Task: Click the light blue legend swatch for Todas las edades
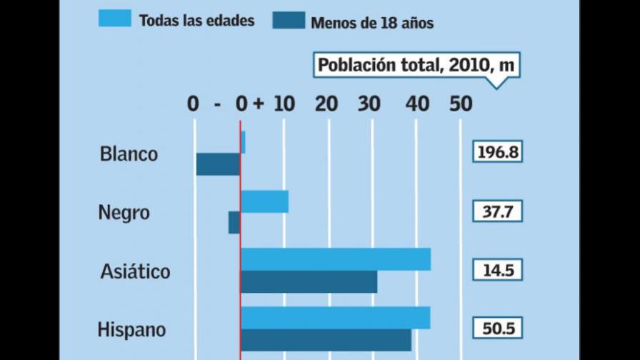(114, 19)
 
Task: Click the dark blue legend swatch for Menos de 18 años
(289, 20)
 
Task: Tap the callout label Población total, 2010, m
(416, 66)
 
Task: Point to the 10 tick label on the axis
(284, 104)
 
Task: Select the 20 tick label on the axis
(326, 104)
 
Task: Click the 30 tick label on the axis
(370, 104)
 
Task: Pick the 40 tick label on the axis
(417, 104)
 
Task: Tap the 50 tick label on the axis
(461, 104)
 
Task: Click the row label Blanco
(129, 154)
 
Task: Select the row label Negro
(124, 212)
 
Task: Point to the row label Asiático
(135, 271)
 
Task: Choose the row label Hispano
(131, 330)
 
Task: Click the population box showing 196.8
(497, 152)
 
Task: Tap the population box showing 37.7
(497, 211)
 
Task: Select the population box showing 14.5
(497, 271)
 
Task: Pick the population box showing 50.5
(497, 329)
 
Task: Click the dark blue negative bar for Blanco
(218, 164)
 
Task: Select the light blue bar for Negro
(264, 201)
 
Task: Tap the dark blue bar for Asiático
(309, 282)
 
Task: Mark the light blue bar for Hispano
(335, 318)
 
